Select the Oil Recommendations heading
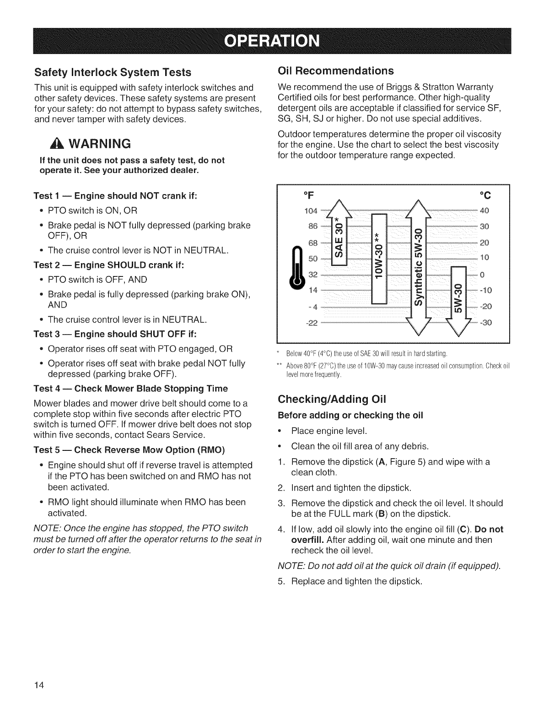pos(336,70)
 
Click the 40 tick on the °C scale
pos(485,211)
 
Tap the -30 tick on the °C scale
pos(485,323)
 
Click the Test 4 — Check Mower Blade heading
pos(130,389)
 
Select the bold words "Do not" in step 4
pos(489,530)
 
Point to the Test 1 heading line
pos(115,196)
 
